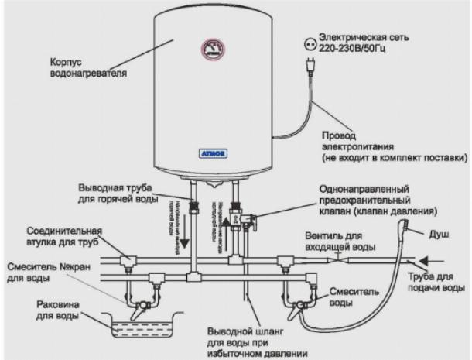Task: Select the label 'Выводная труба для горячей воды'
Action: [x=127, y=192]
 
